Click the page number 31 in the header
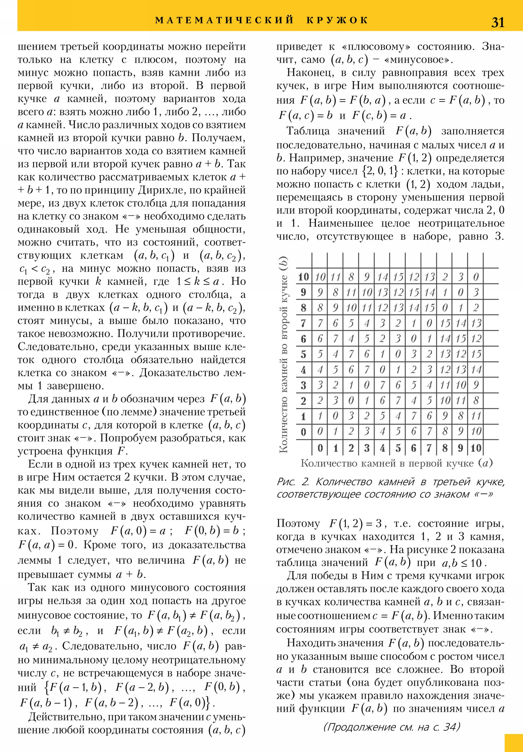coord(498,22)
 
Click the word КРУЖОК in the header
coord(337,20)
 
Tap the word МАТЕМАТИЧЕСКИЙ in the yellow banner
coord(224,20)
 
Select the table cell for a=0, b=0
coord(320,432)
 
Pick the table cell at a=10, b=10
coord(476,277)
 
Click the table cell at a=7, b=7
coord(429,324)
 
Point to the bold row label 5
coord(303,354)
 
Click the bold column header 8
coord(445,448)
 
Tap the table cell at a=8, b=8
coord(445,308)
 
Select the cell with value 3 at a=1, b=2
coord(336,401)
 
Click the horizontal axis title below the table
coord(396,463)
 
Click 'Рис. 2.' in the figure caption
coord(293,482)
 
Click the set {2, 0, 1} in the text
coord(380,171)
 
